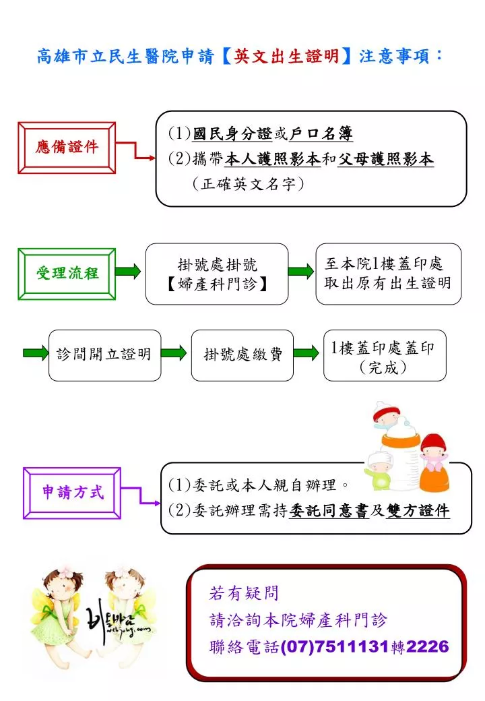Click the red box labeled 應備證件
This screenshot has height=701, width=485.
click(67, 148)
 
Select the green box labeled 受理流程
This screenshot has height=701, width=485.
click(67, 274)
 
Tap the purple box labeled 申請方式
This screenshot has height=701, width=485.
click(72, 493)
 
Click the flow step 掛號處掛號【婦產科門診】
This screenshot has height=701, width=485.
click(217, 274)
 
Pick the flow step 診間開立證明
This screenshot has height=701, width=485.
click(104, 355)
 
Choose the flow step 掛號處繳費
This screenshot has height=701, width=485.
click(243, 355)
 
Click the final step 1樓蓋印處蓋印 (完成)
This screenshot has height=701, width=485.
click(385, 355)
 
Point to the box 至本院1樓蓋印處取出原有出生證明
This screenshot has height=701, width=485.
click(388, 274)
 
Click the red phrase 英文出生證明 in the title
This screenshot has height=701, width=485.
click(286, 57)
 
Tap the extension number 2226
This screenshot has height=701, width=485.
click(427, 646)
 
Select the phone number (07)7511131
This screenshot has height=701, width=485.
click(335, 646)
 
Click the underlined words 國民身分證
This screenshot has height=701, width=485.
click(232, 133)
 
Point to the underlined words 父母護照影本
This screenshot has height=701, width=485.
click(385, 158)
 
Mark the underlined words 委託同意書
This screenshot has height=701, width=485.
click(329, 510)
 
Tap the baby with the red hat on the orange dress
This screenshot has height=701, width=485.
click(433, 462)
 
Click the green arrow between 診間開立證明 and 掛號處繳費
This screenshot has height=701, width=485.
click(174, 353)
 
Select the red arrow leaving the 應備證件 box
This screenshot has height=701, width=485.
click(136, 150)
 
